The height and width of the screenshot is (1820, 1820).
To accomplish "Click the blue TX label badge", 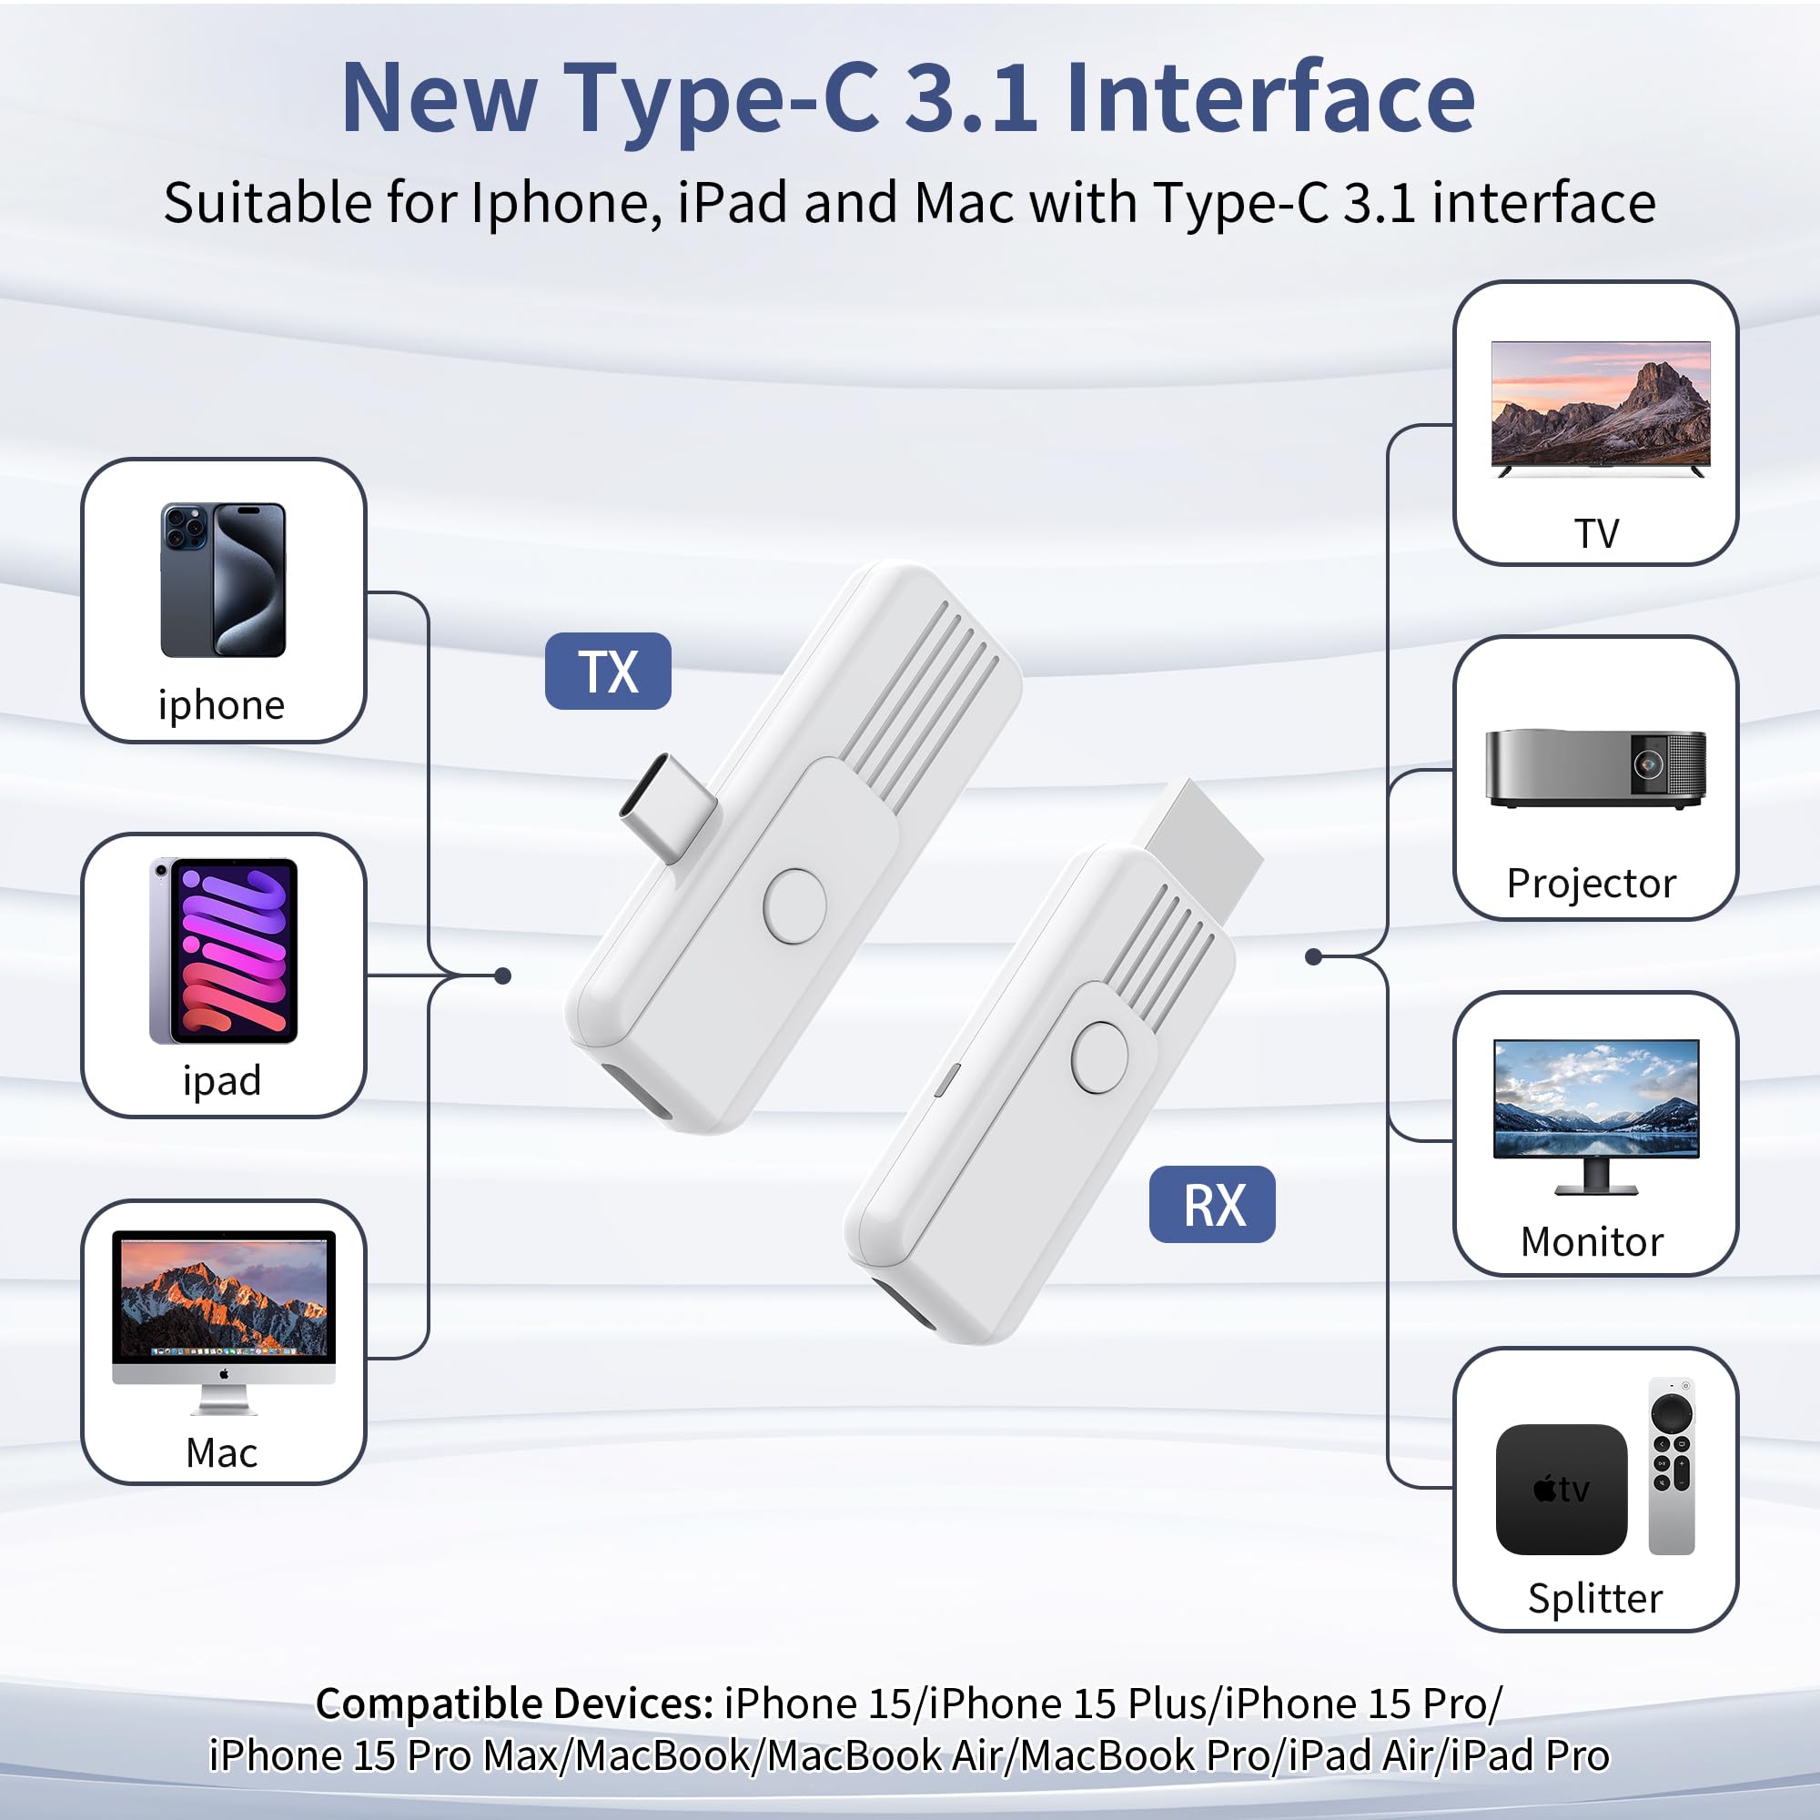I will pos(608,671).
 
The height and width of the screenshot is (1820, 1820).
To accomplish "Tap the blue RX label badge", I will pos(1211,1204).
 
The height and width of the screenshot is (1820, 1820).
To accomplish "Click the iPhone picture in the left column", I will pos(223,580).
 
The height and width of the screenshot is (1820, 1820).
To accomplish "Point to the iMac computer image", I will pos(223,1319).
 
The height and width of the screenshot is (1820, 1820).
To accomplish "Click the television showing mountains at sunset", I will pos(1600,408).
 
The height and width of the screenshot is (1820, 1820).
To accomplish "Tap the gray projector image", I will pos(1595,768).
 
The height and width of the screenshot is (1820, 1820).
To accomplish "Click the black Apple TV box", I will pos(1561,1489).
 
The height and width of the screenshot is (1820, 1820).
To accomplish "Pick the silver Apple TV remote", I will pos(1671,1466).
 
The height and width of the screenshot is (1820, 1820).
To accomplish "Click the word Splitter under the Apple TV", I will pos(1595,1599).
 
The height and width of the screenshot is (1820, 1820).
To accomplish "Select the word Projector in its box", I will pos(1591,884).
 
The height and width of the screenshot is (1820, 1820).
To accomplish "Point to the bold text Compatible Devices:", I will pos(514,1704).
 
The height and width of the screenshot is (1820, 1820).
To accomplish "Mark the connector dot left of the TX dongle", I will pos(503,976).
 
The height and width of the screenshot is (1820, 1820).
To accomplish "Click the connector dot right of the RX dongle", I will pos(1313,957).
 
